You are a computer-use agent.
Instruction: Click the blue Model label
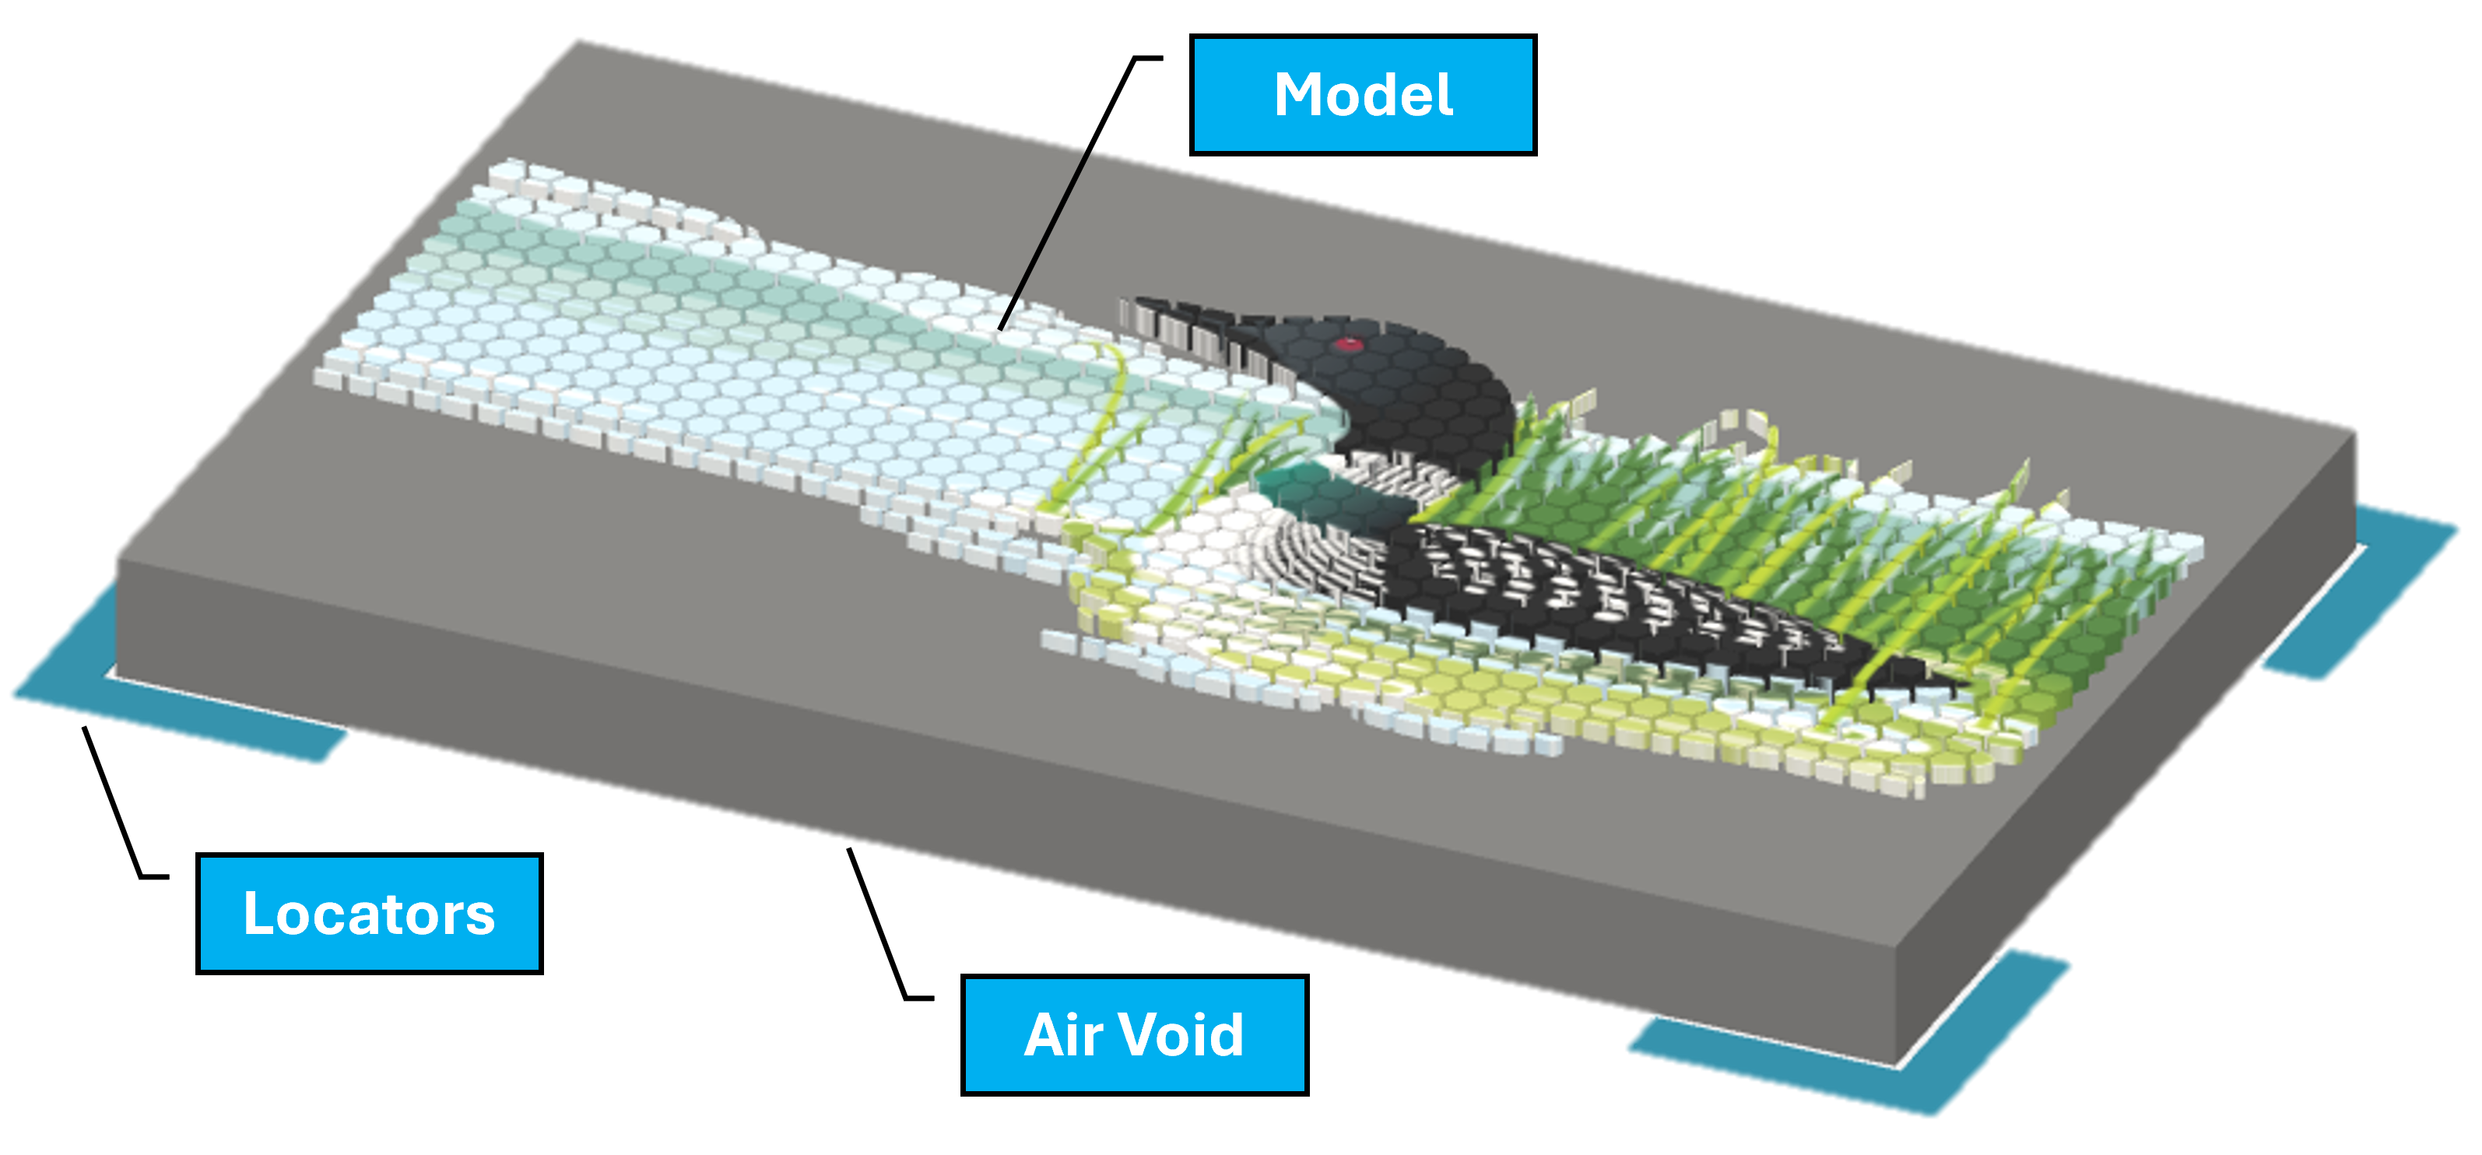[x=1362, y=94]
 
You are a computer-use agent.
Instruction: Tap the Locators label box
[x=369, y=913]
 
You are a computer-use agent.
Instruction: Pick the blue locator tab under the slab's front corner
[x=1831, y=1059]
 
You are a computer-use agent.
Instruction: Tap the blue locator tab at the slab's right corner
[x=2370, y=597]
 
